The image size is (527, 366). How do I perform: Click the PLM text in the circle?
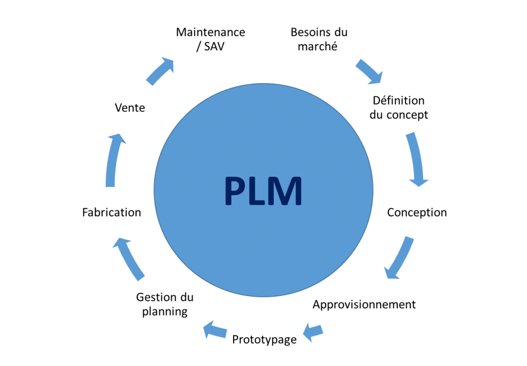[263, 191]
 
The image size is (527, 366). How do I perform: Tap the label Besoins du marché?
[319, 39]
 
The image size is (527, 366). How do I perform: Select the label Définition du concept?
[399, 107]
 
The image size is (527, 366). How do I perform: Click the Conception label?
[417, 212]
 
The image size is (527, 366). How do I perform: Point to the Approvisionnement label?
[364, 304]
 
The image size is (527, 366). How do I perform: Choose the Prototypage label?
[264, 340]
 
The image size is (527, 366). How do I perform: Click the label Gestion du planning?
[165, 304]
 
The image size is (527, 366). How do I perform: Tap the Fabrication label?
[112, 212]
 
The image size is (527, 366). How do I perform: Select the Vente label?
[130, 108]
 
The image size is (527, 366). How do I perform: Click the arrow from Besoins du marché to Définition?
[370, 71]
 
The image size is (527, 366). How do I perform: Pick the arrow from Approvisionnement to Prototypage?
[313, 331]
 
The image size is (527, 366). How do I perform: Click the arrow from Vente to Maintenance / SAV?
[161, 71]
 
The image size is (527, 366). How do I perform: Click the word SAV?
[215, 46]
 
